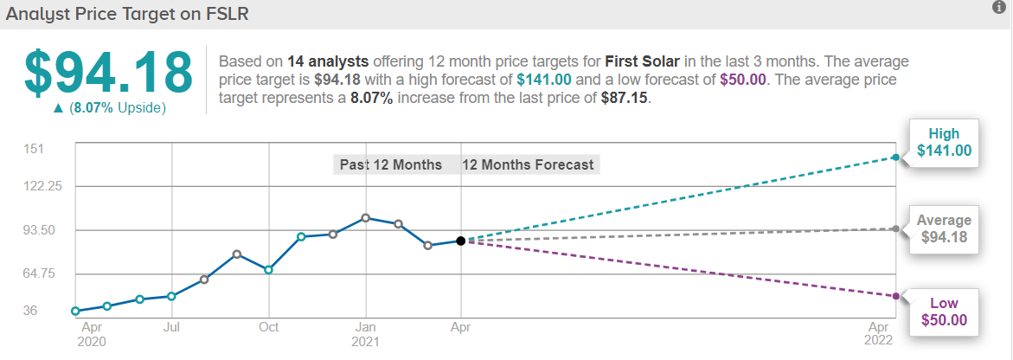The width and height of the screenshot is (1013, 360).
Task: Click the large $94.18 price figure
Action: coord(108,73)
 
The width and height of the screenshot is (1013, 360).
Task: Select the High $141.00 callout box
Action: coord(944,143)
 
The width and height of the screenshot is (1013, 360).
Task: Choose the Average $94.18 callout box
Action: coord(944,228)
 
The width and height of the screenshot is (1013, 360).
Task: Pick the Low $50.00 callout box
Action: coord(944,312)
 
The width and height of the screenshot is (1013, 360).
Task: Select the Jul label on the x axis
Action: coord(171,327)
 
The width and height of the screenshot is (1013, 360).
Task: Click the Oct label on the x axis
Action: coord(268,327)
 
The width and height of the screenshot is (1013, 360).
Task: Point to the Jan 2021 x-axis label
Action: coord(366,334)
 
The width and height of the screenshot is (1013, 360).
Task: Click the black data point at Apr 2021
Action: coord(461,241)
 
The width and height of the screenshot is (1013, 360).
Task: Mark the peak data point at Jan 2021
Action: coord(366,218)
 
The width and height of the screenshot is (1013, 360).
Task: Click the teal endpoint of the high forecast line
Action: coord(895,157)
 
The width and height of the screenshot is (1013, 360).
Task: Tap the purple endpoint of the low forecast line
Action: coord(895,296)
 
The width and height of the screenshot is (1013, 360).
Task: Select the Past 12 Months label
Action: coord(390,164)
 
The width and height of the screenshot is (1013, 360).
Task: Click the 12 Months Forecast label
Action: coord(528,164)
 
